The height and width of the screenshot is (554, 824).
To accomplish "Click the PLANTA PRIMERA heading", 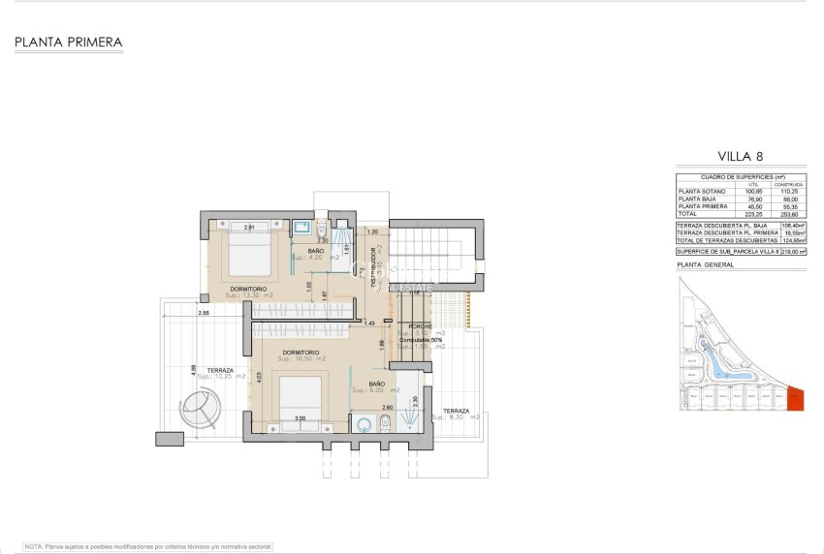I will [x=68, y=43].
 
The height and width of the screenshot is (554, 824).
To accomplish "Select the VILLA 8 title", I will [x=743, y=155].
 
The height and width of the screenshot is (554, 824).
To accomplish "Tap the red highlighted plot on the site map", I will [x=795, y=398].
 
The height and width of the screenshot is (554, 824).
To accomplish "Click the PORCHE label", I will [x=420, y=325].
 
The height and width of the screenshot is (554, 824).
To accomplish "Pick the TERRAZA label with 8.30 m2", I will [x=456, y=411].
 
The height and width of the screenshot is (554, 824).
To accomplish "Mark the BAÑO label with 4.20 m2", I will [x=316, y=251].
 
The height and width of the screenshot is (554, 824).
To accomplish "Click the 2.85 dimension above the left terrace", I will [x=205, y=313].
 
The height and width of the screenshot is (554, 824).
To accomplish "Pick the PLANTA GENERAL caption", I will [x=705, y=264].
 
